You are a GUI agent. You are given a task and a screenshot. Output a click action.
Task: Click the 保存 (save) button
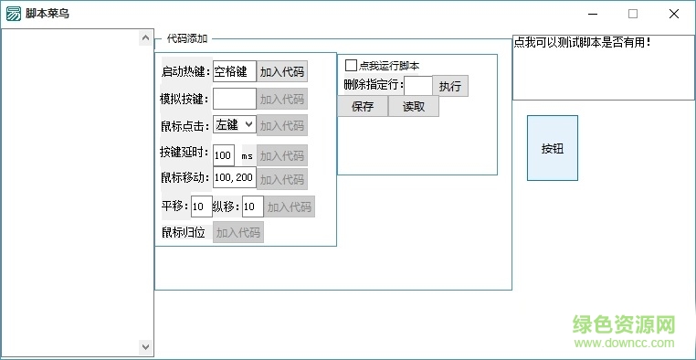(x=363, y=106)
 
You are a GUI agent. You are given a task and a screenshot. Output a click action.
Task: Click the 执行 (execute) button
(x=450, y=86)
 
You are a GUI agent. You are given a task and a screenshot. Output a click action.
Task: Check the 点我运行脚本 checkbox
(x=351, y=66)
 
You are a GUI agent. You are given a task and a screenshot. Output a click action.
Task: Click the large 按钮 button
(x=553, y=148)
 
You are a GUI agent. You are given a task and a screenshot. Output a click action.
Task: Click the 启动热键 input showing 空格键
(x=234, y=72)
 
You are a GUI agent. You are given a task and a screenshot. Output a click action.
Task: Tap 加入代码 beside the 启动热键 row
(x=281, y=72)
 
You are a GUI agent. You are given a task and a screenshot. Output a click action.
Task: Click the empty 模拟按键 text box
(x=234, y=99)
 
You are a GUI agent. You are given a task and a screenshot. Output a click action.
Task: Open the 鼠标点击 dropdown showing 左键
(x=234, y=125)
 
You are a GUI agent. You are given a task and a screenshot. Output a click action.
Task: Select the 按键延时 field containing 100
(x=224, y=155)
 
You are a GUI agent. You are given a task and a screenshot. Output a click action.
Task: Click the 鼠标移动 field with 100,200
(x=234, y=178)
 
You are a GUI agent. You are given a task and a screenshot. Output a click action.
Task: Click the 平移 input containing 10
(x=201, y=206)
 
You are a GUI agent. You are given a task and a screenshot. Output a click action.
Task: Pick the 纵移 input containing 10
(x=252, y=206)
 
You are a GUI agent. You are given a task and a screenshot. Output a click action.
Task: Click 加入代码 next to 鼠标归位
(x=238, y=233)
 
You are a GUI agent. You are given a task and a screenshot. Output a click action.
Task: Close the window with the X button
(x=674, y=14)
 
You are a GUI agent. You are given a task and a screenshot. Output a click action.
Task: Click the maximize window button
(x=632, y=14)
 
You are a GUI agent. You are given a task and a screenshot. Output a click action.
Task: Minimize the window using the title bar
(x=591, y=14)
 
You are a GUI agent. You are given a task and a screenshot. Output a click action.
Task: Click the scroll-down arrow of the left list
(x=146, y=347)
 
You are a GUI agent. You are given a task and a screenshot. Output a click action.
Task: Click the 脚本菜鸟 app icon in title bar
(x=13, y=14)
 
